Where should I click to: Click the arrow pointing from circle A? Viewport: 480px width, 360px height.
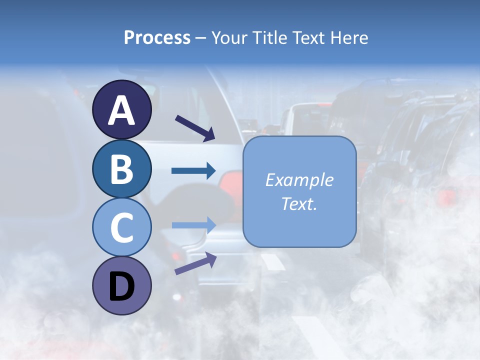point(194,127)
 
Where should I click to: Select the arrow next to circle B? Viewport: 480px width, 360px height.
point(193,171)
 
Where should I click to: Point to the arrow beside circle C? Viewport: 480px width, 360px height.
point(193,225)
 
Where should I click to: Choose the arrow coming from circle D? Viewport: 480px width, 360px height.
point(195,263)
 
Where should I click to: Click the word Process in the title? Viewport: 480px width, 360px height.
point(157,38)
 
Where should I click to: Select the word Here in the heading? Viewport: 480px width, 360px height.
point(349,38)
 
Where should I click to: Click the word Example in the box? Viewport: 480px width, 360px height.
point(299,180)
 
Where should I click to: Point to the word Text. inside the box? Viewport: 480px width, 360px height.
point(299,203)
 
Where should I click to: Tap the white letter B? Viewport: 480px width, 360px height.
point(121,169)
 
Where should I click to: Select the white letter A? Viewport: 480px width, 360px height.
point(121,110)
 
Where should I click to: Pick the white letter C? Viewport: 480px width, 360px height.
point(121,228)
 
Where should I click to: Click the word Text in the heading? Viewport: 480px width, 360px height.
point(307,38)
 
